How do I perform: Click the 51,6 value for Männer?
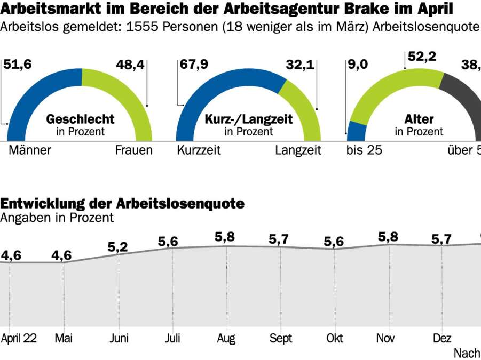coord(18,65)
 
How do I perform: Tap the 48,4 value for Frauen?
coord(130,65)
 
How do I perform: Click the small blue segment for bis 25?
coord(357,131)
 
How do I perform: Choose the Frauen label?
coord(133,150)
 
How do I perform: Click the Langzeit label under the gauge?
coord(298,150)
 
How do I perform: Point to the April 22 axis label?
coord(19,338)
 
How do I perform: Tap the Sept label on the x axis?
coord(281,338)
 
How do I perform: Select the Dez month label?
coord(441,338)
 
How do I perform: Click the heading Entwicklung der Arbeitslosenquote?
coord(122,203)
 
